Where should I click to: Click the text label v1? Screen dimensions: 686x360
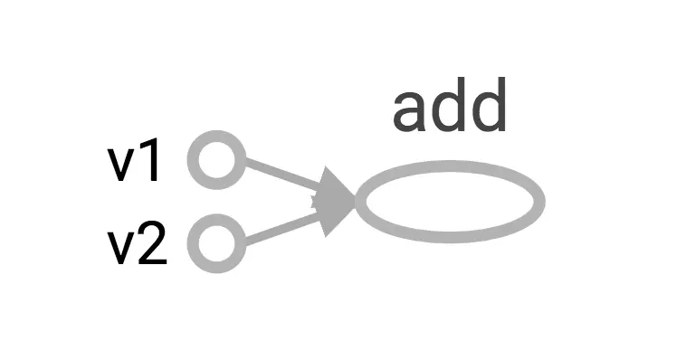[x=133, y=160]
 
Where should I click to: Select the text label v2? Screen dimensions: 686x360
[x=137, y=243]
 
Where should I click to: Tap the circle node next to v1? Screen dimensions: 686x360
[x=216, y=160]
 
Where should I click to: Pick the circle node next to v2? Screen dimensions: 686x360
[x=216, y=243]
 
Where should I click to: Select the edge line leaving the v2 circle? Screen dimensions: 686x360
[x=283, y=227]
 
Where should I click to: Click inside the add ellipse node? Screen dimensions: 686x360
[x=450, y=202]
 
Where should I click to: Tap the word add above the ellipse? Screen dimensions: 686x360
[x=449, y=105]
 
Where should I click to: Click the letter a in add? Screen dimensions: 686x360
[x=410, y=112]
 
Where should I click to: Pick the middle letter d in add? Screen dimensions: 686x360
[x=450, y=105]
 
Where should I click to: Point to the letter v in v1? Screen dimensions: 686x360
[x=121, y=166]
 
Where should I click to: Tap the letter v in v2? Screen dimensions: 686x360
[x=121, y=249]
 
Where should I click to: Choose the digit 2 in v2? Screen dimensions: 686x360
[x=153, y=243]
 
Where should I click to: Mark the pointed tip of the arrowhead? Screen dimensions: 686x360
[x=355, y=202]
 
